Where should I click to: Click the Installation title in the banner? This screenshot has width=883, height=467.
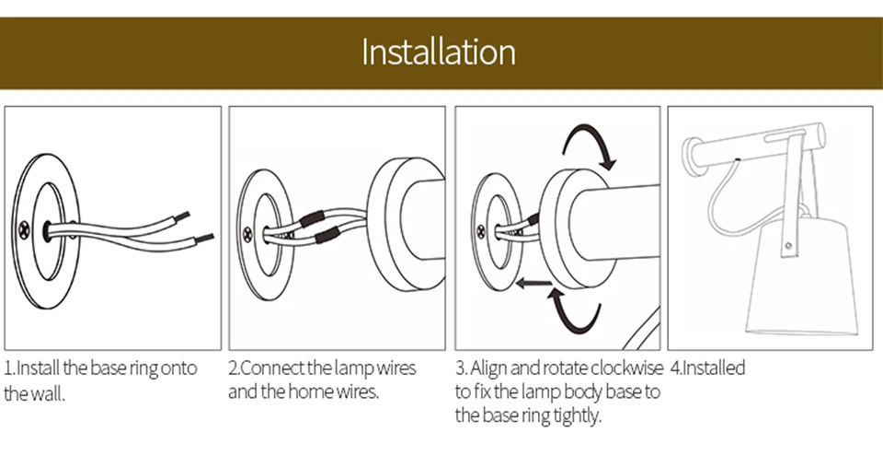coord(438,51)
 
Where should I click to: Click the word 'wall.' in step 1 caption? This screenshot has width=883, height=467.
coord(48,393)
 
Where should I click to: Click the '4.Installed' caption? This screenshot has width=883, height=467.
coord(707,368)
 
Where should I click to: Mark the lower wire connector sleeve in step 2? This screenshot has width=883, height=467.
coord(325,238)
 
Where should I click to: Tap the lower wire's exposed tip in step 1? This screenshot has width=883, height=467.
coord(205,239)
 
